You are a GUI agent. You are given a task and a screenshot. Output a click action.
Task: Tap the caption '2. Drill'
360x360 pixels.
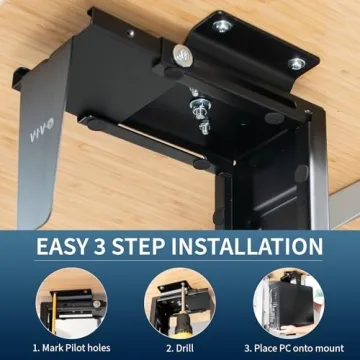click(180, 348)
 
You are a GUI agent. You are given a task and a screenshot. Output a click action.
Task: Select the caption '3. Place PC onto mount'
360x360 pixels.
click(295, 348)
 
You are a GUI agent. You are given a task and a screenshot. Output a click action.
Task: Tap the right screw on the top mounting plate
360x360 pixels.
click(296, 63)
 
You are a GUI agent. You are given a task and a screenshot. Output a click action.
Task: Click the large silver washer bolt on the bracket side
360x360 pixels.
click(184, 54)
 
